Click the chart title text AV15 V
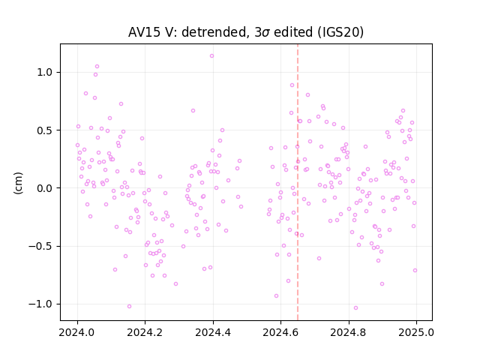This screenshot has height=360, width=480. click(x=152, y=32)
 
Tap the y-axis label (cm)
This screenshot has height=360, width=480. click(x=18, y=183)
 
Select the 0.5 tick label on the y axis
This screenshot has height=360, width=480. click(x=45, y=130)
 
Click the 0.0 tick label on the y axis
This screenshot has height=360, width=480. click(x=45, y=188)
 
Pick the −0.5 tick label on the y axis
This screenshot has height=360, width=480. click(x=41, y=246)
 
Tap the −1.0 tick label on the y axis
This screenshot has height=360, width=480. click(x=41, y=304)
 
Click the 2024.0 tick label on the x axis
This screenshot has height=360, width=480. click(x=77, y=332)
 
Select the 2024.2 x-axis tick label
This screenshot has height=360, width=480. click(x=145, y=332)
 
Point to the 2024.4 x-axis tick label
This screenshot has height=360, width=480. click(x=213, y=332)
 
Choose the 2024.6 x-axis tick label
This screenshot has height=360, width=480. click(x=280, y=332)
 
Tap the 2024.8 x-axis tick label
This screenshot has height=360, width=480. click(x=348, y=332)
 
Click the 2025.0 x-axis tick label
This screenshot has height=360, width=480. click(x=416, y=332)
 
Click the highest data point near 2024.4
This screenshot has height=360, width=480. click(x=211, y=56)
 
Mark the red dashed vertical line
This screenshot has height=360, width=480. click(x=298, y=182)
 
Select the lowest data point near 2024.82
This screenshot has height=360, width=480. click(x=355, y=308)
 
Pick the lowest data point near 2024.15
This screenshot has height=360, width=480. click(x=129, y=307)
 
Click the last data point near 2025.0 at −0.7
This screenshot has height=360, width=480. click(x=415, y=270)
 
